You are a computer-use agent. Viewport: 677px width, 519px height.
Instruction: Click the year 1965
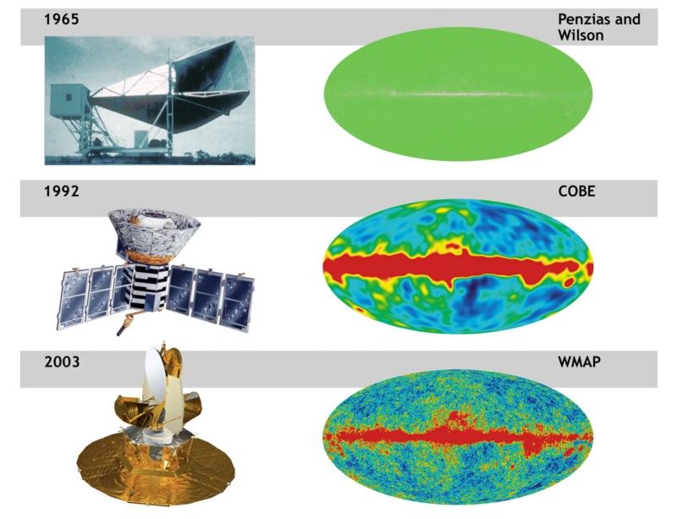pos(61,19)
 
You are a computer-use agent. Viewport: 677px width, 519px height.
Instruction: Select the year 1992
pos(61,191)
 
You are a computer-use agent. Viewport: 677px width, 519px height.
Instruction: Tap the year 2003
pos(62,362)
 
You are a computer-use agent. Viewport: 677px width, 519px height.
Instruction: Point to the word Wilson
pos(581,35)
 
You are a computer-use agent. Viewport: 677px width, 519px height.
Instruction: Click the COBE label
pos(576,191)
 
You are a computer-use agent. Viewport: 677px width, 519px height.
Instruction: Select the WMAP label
pos(579,362)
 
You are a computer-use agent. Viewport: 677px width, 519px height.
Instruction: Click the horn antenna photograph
pos(150,100)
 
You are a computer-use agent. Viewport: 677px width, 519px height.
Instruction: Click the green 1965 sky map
pos(458,94)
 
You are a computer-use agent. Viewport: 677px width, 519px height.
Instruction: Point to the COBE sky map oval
pos(458,266)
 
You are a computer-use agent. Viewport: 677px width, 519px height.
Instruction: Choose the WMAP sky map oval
pos(458,437)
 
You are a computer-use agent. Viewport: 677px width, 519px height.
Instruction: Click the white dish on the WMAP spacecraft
pos(156,376)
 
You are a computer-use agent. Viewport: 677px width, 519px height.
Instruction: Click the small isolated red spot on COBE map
pos(569,282)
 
